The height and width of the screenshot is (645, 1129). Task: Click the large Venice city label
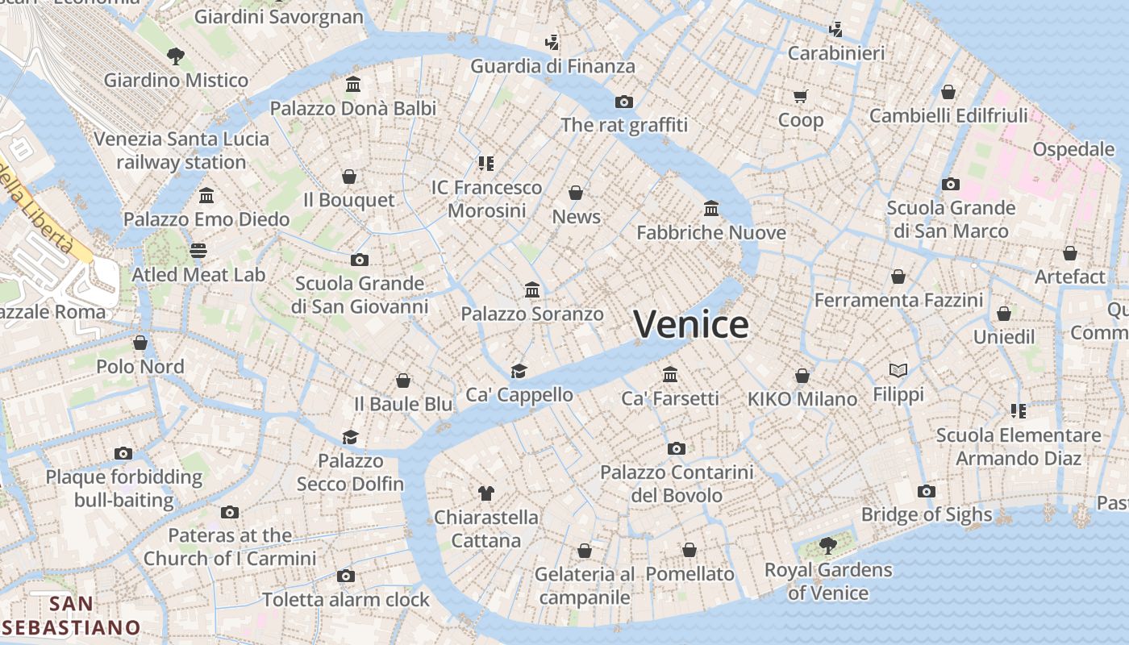click(x=691, y=324)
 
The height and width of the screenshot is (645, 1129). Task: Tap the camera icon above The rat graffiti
click(x=623, y=102)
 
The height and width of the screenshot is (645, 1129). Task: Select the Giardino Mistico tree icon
click(x=175, y=56)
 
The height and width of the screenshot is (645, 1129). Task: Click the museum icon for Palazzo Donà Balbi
click(x=352, y=84)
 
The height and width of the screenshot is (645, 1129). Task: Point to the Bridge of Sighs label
click(x=927, y=514)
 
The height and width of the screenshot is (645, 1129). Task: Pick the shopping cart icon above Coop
click(x=800, y=97)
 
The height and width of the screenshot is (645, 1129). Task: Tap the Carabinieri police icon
click(x=835, y=30)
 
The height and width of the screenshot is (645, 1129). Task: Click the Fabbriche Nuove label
click(x=711, y=233)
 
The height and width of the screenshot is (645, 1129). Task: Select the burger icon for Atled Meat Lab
click(x=198, y=251)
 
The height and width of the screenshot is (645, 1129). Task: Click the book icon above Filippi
click(x=898, y=370)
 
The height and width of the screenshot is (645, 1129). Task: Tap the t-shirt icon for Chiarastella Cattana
click(x=485, y=493)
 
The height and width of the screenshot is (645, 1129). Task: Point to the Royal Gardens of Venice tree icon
click(x=827, y=546)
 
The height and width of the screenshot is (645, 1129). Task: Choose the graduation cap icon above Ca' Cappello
click(x=519, y=371)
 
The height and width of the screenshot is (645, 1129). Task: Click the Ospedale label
click(x=1073, y=149)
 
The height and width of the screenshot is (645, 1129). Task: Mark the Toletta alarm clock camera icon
click(x=346, y=576)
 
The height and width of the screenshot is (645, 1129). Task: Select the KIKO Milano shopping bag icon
click(x=802, y=376)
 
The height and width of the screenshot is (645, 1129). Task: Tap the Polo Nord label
click(x=140, y=367)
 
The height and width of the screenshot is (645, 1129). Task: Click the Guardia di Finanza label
click(x=552, y=66)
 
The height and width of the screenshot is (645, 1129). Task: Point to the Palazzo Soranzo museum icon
click(x=532, y=289)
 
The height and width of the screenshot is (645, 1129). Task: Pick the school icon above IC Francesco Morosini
click(x=485, y=164)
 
